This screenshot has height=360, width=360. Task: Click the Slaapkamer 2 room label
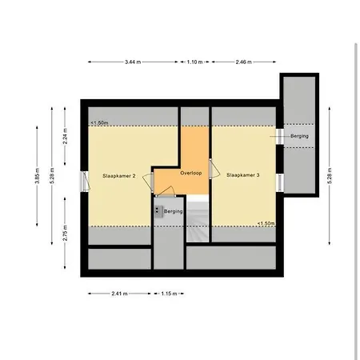119,176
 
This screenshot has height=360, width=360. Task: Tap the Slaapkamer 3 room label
243,175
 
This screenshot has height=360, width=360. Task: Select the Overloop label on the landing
191,173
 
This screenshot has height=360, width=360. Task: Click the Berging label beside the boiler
174,211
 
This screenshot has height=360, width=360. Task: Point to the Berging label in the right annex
299,136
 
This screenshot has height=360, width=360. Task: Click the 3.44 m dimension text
133,62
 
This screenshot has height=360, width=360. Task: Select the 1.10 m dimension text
194,62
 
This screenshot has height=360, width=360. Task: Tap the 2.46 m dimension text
243,62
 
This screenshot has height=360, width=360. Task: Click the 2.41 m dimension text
119,294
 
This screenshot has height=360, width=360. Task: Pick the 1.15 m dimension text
169,294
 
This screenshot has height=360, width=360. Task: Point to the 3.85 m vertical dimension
38,176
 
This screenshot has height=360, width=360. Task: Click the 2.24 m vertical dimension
65,136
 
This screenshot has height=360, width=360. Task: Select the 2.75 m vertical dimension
65,233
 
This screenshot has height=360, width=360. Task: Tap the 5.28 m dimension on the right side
330,176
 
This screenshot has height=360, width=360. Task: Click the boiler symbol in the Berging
158,211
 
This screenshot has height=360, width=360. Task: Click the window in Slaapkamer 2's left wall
84,182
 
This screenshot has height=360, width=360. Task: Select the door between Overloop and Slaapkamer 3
214,169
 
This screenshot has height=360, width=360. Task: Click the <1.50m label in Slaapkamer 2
99,123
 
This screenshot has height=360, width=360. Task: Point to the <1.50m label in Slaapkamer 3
266,223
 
